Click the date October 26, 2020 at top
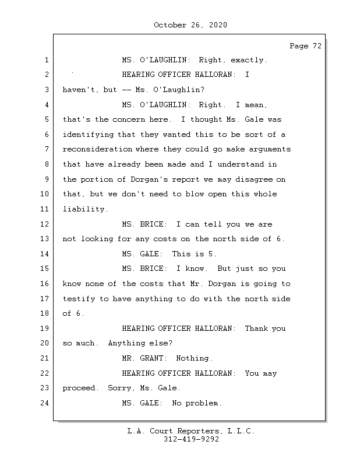pos(190,25)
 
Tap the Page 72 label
pos(305,46)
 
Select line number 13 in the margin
pos(45,239)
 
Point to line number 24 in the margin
pos(45,404)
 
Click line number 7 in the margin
pos(45,150)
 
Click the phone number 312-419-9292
pos(190,440)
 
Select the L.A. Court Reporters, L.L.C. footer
pos(190,431)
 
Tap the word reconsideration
pos(97,150)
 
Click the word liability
pos(85,209)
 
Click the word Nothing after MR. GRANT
pos(195,359)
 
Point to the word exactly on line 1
pos(249,60)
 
